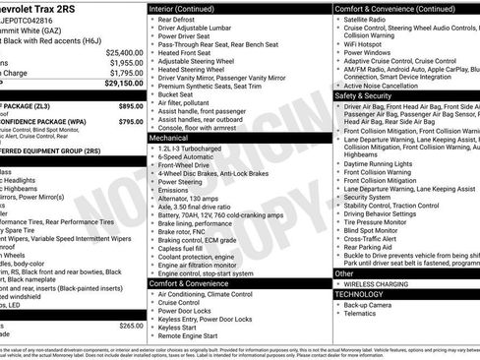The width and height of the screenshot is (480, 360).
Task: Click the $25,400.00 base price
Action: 124,52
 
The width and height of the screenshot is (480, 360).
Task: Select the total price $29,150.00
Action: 124,84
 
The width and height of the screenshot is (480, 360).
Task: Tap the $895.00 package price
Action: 130,104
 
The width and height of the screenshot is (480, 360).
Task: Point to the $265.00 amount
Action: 131,325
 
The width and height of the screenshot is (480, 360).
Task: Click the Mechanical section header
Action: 169,139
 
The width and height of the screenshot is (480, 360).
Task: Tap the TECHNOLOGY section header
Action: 359,293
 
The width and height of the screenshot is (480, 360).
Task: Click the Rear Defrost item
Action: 177,19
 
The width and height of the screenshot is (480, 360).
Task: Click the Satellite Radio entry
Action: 367,19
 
